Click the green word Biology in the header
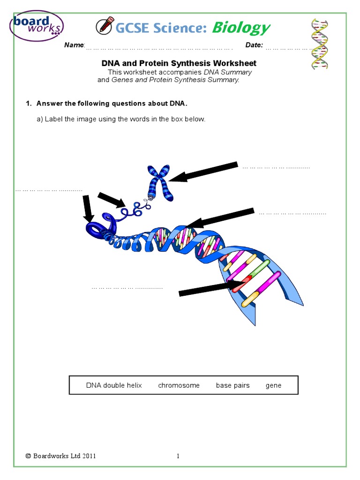coord(241,28)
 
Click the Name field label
coord(74,45)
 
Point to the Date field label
coord(254,45)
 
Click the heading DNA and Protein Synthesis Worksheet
coord(179,63)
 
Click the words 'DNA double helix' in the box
coord(114,385)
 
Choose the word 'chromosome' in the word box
coord(179,385)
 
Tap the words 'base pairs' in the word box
coord(232,385)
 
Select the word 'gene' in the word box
coord(273,385)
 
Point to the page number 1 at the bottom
coord(179,456)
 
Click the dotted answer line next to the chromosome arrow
coord(276,166)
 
